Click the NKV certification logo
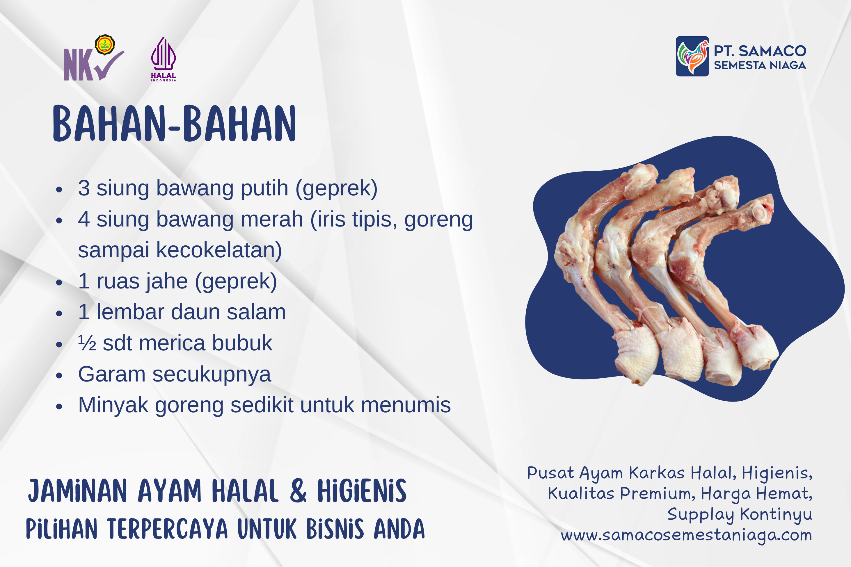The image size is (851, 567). (x=93, y=58)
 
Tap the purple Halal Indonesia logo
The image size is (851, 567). (x=164, y=59)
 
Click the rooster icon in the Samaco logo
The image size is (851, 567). (x=692, y=56)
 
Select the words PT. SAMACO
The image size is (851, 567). (x=760, y=51)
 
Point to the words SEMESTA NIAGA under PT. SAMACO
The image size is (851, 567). (x=760, y=65)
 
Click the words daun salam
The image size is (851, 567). (x=228, y=312)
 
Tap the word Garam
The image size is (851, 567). (x=112, y=374)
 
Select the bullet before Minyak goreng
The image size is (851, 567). (x=59, y=406)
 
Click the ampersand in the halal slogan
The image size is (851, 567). (x=299, y=491)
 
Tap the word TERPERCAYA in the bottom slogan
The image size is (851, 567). (x=168, y=529)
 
